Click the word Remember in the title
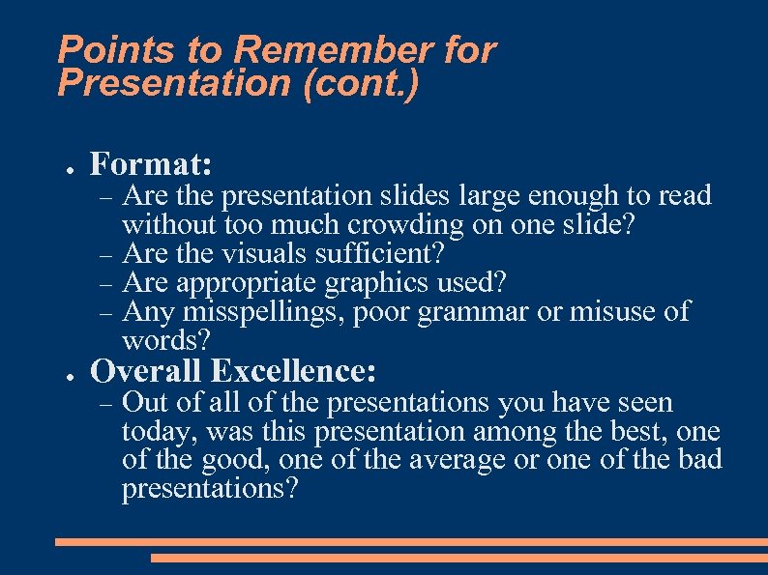click(319, 50)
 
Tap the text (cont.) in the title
click(361, 84)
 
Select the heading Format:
click(151, 162)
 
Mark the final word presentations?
click(210, 489)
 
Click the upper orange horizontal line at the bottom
click(411, 542)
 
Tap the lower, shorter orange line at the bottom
click(458, 558)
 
